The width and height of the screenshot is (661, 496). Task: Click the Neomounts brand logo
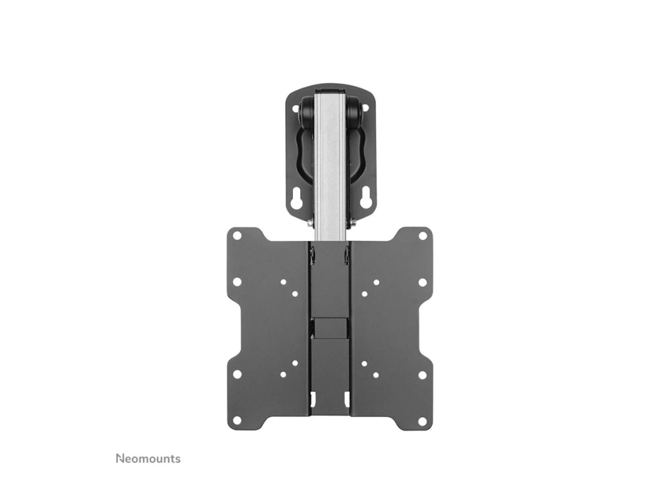[148, 459]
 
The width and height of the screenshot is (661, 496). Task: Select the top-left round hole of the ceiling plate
[296, 108]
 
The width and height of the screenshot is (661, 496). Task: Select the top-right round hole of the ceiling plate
[365, 108]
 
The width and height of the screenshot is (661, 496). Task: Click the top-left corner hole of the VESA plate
[238, 235]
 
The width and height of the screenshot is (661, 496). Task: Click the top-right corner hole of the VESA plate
[422, 235]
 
